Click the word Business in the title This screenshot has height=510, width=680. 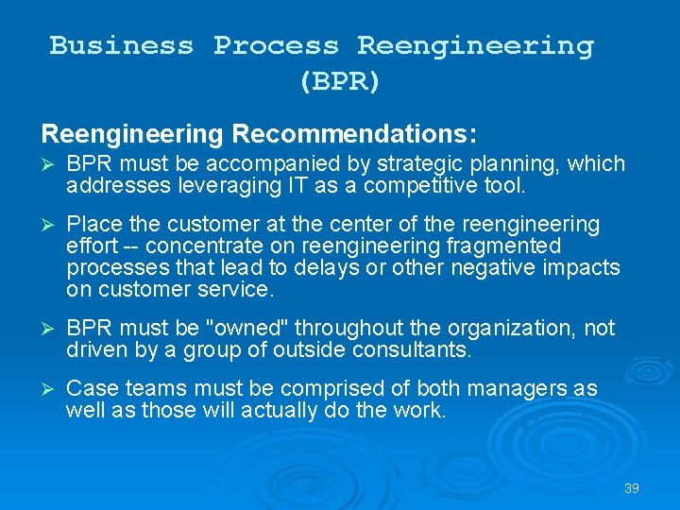(121, 45)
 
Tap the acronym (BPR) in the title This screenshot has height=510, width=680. (340, 81)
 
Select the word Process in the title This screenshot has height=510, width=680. (275, 45)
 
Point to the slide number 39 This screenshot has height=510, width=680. (632, 488)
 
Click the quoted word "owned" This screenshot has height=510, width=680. (250, 328)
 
